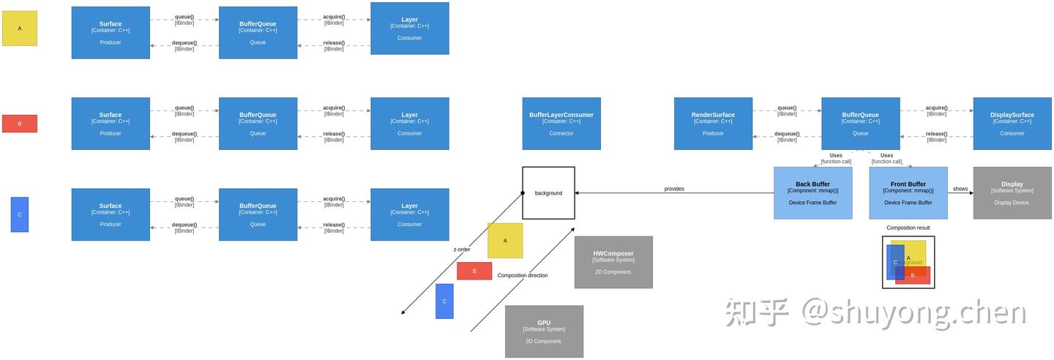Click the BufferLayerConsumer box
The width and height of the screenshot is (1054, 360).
tap(561, 124)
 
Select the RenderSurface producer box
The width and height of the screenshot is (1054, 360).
tap(713, 124)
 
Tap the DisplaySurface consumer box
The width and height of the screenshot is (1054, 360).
tap(1012, 124)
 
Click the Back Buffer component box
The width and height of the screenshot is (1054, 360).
tap(812, 193)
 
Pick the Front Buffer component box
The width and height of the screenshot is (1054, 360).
tap(908, 193)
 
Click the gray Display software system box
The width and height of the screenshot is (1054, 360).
tap(1012, 193)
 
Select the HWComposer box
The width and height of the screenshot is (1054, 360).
tap(613, 262)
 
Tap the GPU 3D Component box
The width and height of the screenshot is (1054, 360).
tap(544, 331)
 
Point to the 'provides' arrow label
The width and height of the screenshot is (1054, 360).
tap(674, 189)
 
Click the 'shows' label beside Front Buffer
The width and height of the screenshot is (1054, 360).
tap(960, 189)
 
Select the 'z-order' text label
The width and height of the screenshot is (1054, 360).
tap(462, 250)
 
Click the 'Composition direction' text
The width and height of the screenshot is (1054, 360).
tap(523, 275)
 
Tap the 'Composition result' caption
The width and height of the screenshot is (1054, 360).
tap(908, 228)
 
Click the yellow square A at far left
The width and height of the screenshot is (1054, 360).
tap(20, 29)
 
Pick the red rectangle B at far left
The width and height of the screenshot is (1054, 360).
tap(20, 124)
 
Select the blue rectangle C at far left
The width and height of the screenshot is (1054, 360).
tap(20, 214)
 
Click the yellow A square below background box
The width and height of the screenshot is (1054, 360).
tap(505, 241)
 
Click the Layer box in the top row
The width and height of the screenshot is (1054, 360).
tap(410, 29)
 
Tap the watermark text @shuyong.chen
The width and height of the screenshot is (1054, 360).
tap(913, 312)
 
